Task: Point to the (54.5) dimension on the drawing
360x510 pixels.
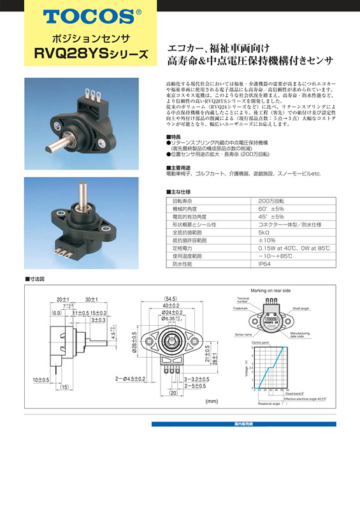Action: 170,298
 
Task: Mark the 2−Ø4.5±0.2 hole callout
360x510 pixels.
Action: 131,379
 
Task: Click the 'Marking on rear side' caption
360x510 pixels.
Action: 270,290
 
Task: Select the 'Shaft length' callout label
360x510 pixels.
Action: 301,308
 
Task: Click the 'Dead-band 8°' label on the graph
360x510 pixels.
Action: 298,394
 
